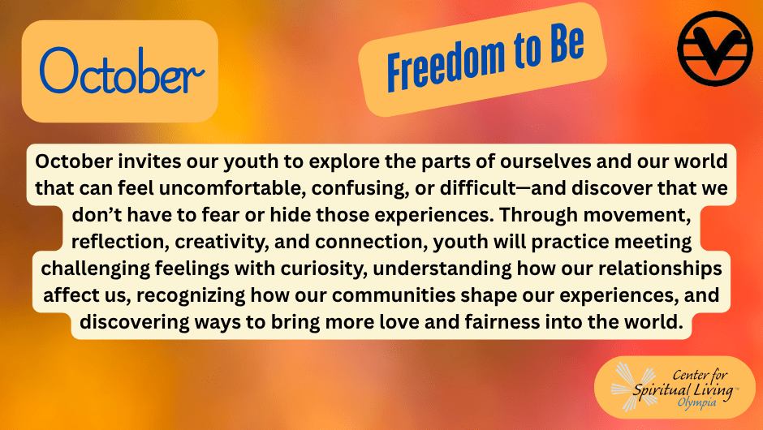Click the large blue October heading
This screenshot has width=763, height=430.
(122, 71)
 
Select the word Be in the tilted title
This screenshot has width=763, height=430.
(567, 43)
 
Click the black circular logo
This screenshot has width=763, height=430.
(715, 49)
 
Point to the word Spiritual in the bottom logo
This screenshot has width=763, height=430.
(662, 390)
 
